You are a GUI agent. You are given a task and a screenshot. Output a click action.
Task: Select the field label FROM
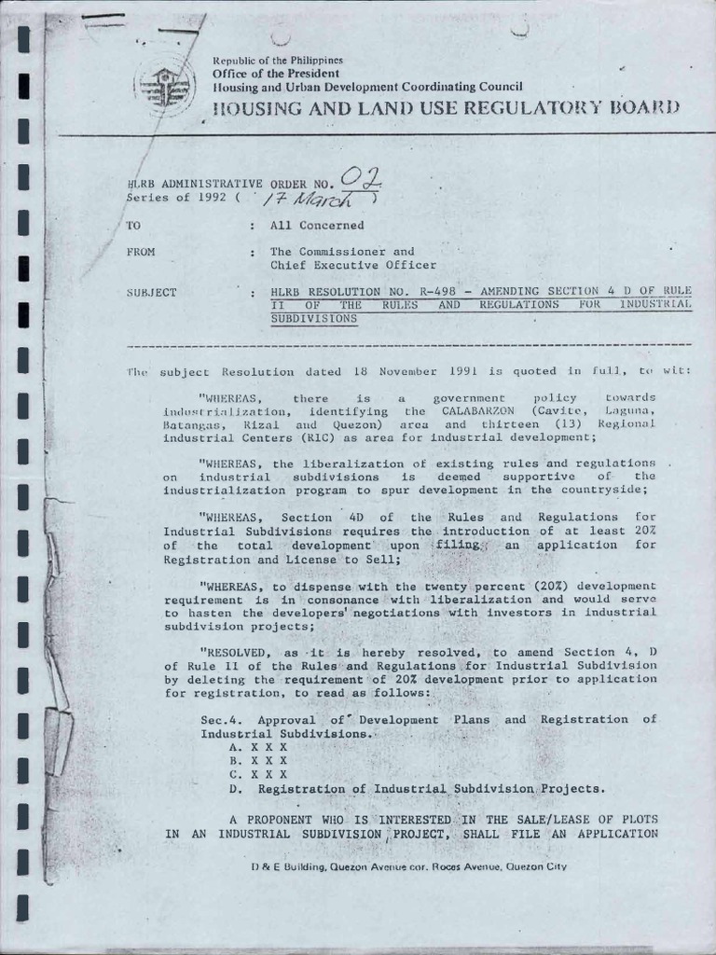(141, 252)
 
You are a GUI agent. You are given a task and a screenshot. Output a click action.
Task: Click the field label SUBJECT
(151, 292)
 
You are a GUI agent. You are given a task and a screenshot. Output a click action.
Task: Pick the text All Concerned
(317, 226)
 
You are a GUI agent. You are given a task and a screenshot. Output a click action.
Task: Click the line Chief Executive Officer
(341, 265)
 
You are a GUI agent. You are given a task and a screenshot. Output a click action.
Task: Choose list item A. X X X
(257, 748)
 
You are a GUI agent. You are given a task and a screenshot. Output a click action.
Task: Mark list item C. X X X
(257, 774)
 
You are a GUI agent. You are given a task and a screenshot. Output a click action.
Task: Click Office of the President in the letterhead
(275, 73)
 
